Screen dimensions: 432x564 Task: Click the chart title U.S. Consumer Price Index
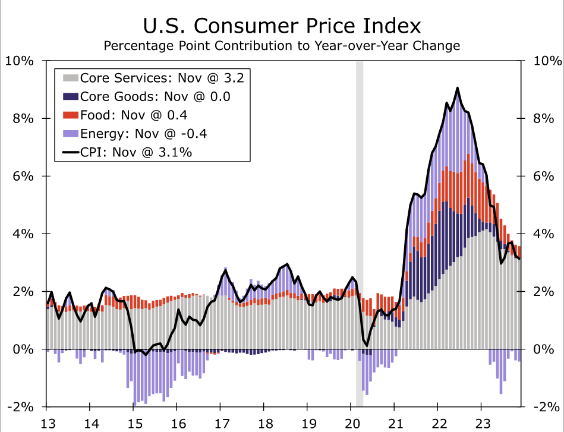[x=282, y=26]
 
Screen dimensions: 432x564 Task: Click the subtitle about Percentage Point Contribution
[x=282, y=46]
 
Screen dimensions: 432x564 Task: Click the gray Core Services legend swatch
[x=70, y=78]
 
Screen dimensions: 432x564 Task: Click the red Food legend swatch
[x=70, y=115]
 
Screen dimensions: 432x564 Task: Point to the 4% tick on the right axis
[x=546, y=234]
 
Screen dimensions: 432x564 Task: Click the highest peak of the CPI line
[x=457, y=88]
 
